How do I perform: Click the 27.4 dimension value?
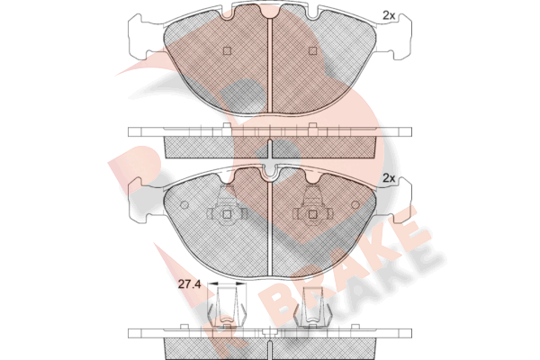[x=189, y=284]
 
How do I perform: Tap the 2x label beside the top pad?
[x=389, y=15]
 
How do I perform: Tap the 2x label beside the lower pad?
[x=389, y=178]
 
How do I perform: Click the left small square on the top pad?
[x=227, y=51]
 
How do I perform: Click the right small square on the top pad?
[x=312, y=51]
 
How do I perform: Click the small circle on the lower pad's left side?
[x=184, y=204]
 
